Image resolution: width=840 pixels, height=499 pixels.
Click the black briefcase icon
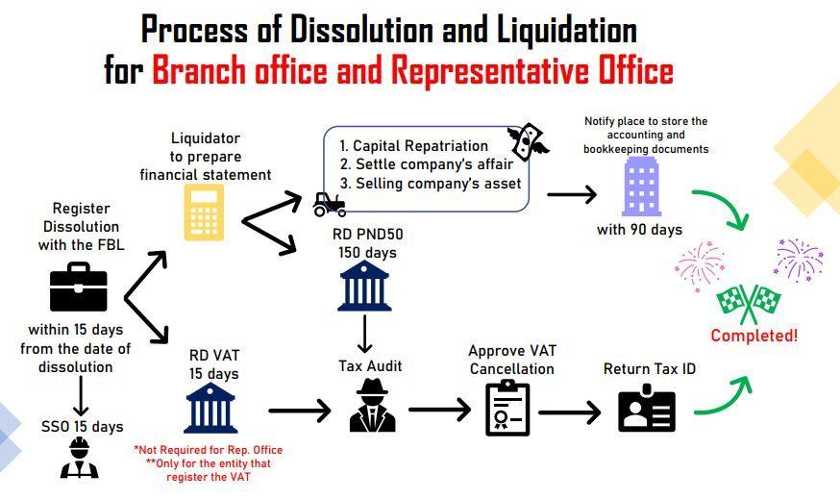tap(78, 287)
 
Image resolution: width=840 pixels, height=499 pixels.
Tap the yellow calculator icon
tap(204, 212)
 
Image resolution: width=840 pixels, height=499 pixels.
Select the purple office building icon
tap(641, 186)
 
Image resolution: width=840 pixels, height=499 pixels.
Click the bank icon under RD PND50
tap(364, 286)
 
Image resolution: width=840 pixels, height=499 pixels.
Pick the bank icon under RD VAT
tap(210, 408)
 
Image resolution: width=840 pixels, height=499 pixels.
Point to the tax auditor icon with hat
tap(372, 405)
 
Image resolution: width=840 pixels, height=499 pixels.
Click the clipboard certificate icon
tap(507, 408)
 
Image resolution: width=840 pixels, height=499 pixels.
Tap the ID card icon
tap(647, 409)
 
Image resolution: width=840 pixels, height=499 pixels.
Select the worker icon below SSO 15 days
tap(79, 458)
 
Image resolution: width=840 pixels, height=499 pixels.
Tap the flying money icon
tap(527, 139)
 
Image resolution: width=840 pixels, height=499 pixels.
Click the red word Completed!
tap(754, 336)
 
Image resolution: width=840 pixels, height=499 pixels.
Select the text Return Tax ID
tap(650, 369)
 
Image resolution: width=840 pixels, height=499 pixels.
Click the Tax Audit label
tap(370, 366)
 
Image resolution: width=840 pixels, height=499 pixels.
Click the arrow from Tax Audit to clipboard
tap(439, 410)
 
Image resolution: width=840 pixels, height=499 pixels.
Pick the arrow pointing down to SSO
tap(81, 395)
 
